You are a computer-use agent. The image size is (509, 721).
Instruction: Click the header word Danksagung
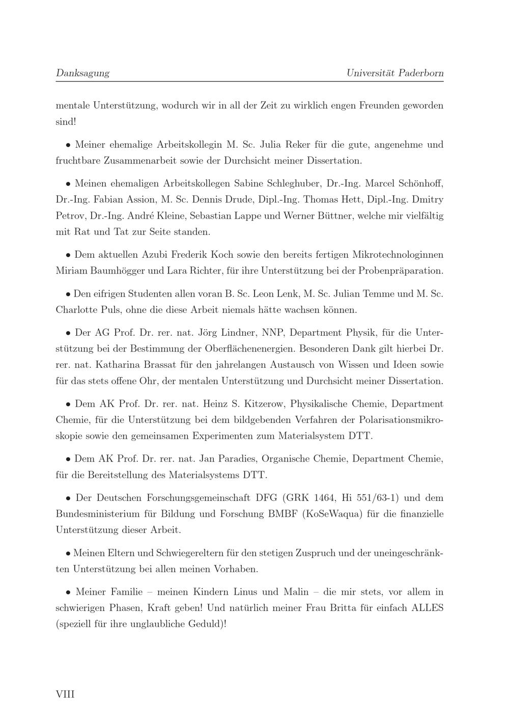(x=82, y=73)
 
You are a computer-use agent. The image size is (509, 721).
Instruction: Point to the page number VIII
(x=65, y=693)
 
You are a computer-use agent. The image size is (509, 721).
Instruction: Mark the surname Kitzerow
(x=265, y=404)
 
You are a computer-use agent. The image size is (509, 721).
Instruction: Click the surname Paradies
(x=239, y=459)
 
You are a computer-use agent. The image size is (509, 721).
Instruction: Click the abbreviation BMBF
(x=283, y=514)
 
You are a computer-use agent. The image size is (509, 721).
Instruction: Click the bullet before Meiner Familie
(x=68, y=593)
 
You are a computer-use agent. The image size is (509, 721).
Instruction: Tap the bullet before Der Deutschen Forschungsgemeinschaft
(x=68, y=498)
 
